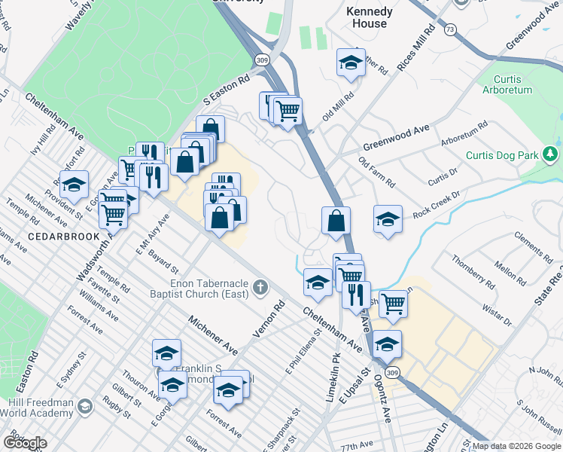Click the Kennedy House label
click(x=369, y=17)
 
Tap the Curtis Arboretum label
click(x=513, y=84)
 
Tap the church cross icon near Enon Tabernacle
click(x=260, y=287)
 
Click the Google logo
click(x=24, y=442)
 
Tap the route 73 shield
click(x=450, y=29)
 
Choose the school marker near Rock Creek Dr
click(x=388, y=220)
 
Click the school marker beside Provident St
click(x=74, y=185)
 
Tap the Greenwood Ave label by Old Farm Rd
click(x=396, y=138)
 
